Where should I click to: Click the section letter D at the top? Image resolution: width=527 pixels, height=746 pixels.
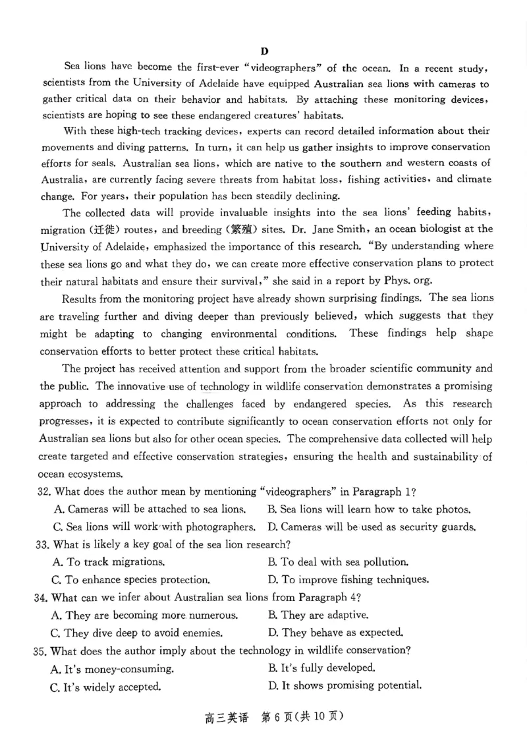pos(265,51)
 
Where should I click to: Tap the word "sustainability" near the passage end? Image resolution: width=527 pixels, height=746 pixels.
pos(444,457)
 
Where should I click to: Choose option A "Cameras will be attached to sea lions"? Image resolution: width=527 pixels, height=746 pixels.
pos(149,509)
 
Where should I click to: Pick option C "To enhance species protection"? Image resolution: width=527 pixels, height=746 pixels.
pos(130,580)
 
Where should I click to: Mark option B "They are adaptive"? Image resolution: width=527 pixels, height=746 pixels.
pos(318,616)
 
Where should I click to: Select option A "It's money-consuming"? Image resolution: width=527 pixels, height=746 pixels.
pos(112,668)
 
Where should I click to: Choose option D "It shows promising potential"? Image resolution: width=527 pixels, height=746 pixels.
pos(345,685)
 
